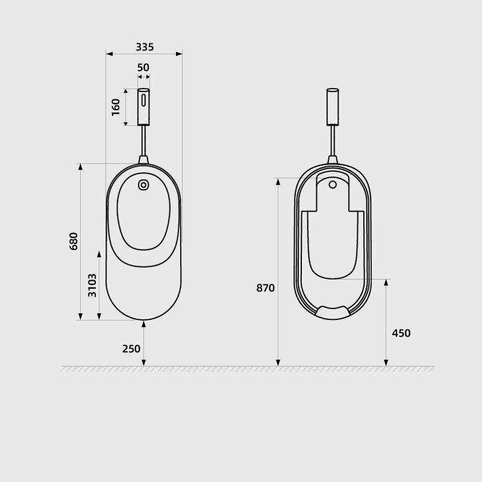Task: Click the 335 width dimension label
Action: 145,47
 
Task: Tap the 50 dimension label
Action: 143,67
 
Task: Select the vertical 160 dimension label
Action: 116,107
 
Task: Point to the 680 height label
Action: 74,242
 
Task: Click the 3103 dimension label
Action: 92,285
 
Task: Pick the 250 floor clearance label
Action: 131,349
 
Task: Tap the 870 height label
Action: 265,288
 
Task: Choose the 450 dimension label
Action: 401,333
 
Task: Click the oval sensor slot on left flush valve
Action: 143,100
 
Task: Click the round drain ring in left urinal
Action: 143,185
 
